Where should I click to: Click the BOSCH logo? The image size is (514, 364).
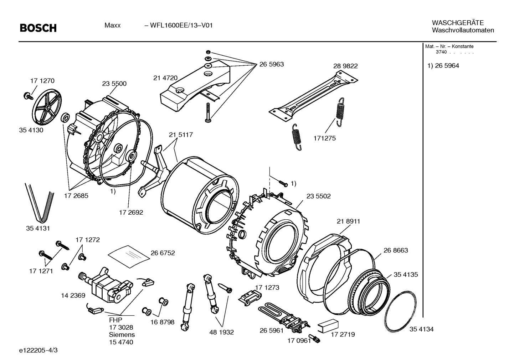click(38, 28)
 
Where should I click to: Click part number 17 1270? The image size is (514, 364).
click(42, 81)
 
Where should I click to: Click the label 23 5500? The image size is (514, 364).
click(114, 84)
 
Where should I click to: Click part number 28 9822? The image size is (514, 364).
click(345, 66)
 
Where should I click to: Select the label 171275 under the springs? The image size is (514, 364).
click(324, 138)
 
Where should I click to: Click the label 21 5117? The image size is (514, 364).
click(181, 135)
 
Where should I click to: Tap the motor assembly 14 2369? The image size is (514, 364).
click(103, 284)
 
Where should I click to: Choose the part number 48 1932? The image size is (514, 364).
click(221, 332)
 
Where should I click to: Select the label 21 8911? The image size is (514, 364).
click(348, 221)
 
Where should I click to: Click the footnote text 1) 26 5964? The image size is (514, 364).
click(443, 66)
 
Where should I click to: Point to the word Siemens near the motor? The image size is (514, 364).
click(122, 335)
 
